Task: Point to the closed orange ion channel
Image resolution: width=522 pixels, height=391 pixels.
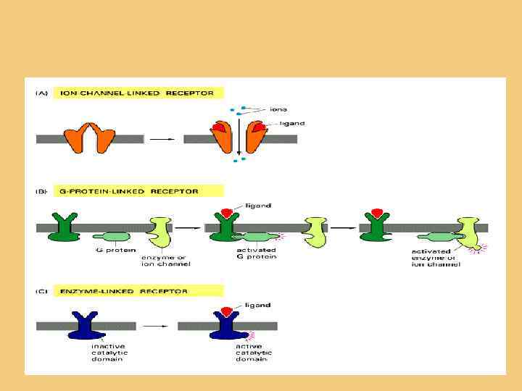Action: point(90,138)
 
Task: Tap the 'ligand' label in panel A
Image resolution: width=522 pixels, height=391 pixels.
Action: point(292,124)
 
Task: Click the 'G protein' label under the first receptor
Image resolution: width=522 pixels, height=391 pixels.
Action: point(109,251)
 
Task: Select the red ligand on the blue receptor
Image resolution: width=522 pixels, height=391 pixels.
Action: point(225,311)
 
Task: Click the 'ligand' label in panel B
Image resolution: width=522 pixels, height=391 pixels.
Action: point(257,206)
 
